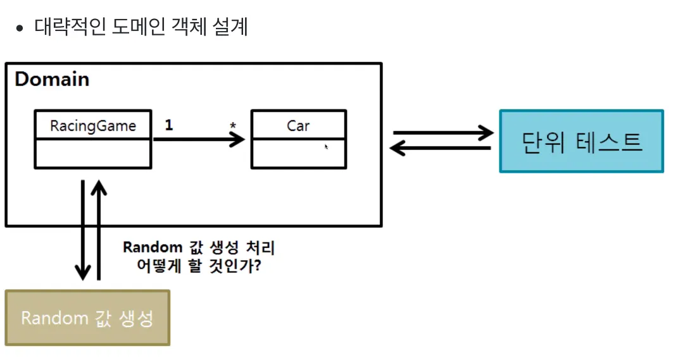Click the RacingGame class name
(92, 125)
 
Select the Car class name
(298, 125)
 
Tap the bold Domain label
(52, 80)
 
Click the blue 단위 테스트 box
(581, 141)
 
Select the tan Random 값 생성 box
(87, 318)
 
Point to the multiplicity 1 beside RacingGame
(168, 125)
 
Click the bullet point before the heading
(21, 28)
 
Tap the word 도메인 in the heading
(137, 28)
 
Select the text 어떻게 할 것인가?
(199, 266)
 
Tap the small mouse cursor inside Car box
(327, 147)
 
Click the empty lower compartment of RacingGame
(92, 154)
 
